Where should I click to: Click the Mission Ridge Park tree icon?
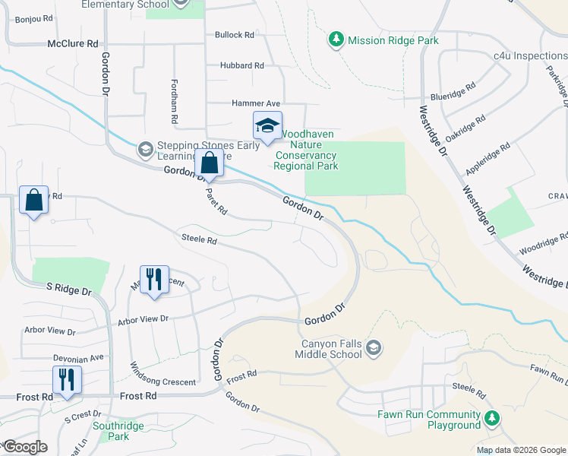336,39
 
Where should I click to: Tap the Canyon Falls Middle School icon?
373,349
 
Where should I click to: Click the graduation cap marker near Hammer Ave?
267,126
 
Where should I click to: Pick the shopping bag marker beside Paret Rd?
209,163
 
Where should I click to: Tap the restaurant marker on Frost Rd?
67,380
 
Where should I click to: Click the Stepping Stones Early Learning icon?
144,150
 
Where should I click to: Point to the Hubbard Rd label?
241,65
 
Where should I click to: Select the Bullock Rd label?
234,35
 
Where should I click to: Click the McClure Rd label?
73,44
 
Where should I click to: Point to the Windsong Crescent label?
164,373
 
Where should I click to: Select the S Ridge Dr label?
68,290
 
